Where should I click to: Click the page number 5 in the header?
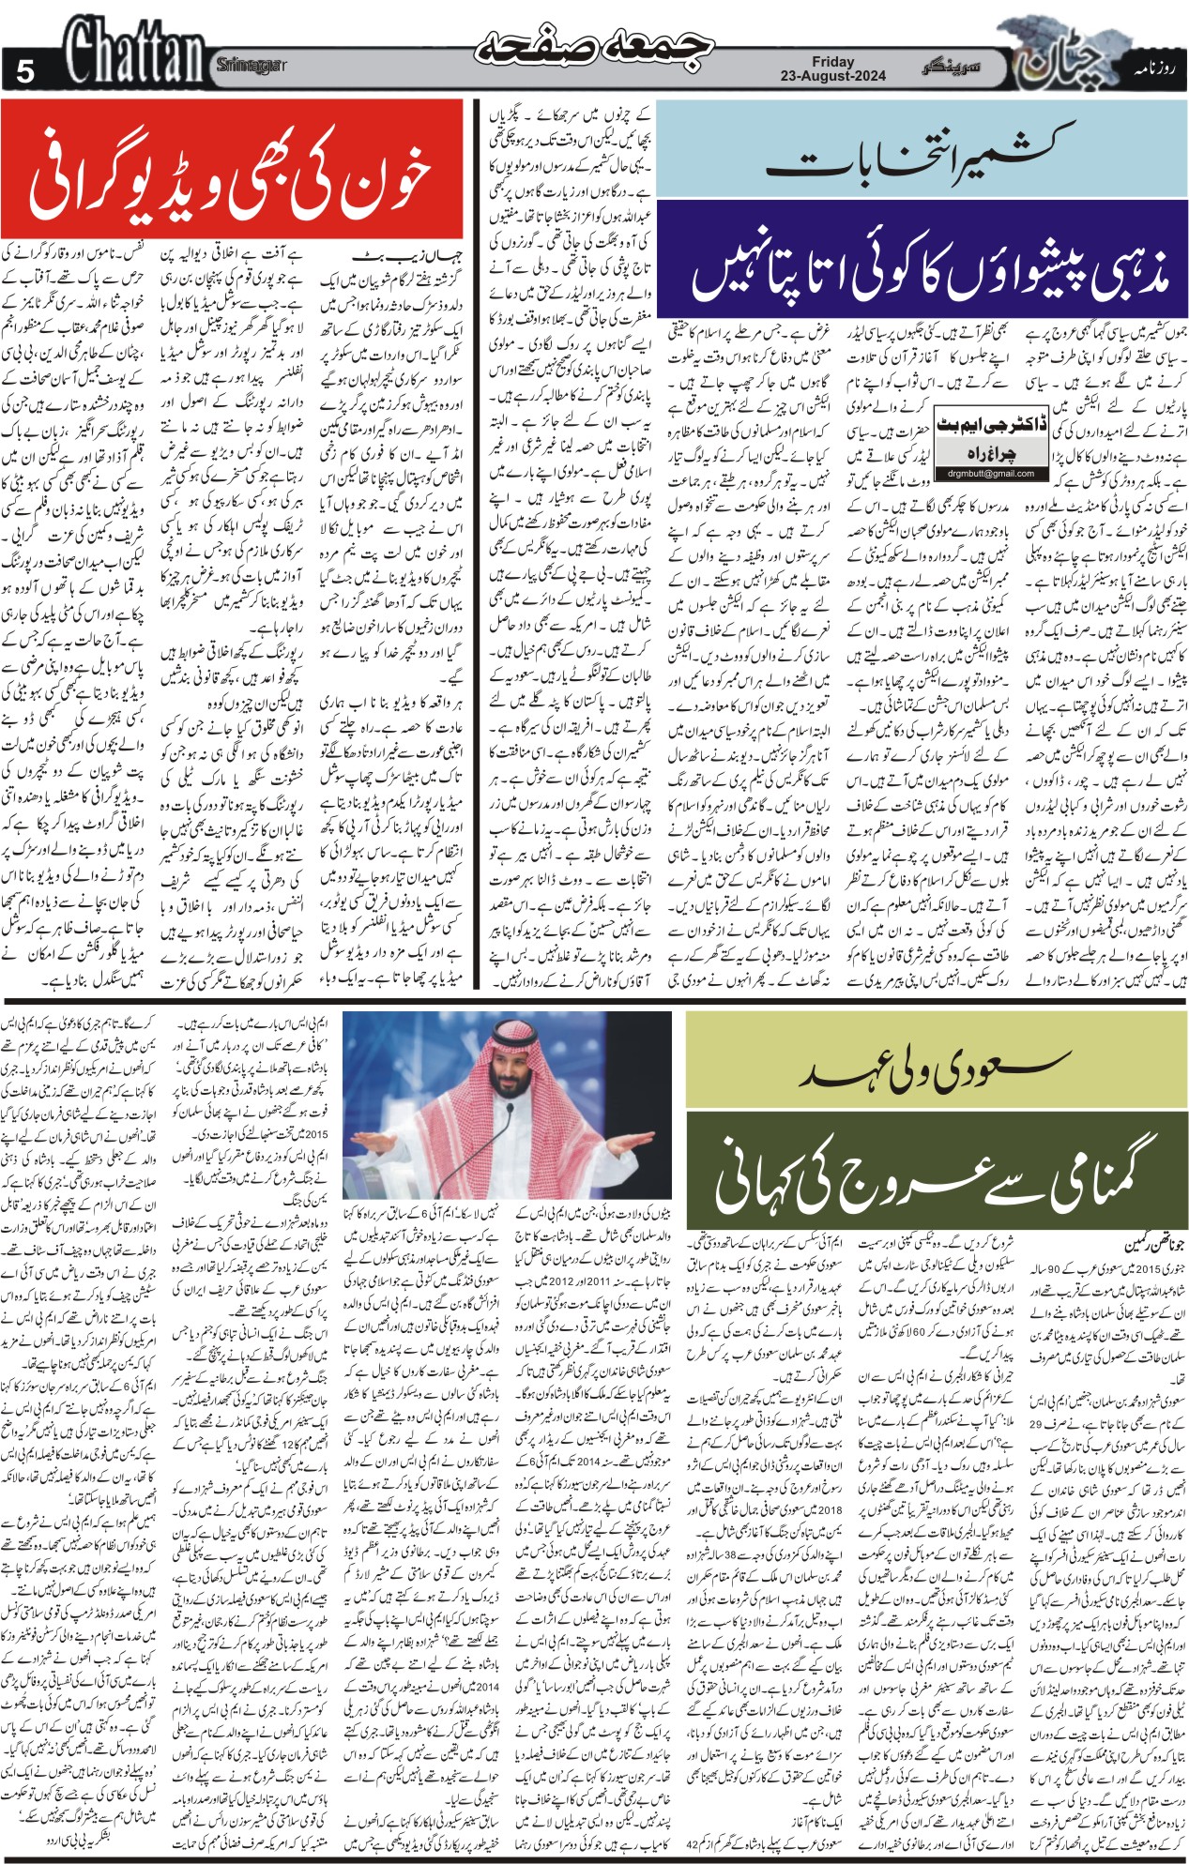tap(24, 70)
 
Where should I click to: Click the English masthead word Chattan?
tap(135, 52)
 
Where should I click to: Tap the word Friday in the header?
tap(833, 61)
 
